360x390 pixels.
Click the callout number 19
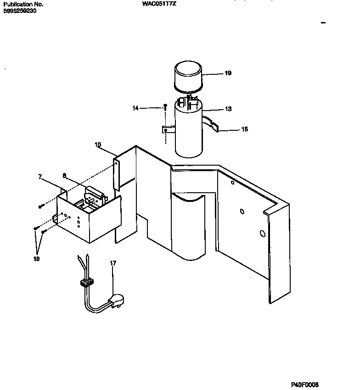click(x=228, y=73)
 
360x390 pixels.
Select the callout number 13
click(x=228, y=109)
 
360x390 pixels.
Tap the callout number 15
click(x=244, y=129)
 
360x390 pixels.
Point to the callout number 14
click(x=135, y=108)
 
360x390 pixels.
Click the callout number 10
click(x=98, y=145)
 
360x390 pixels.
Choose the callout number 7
click(x=40, y=176)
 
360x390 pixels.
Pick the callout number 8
click(x=64, y=175)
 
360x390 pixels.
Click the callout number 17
click(x=113, y=263)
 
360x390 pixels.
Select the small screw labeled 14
click(x=164, y=107)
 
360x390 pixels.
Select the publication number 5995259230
click(x=20, y=11)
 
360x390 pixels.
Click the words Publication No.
click(x=23, y=4)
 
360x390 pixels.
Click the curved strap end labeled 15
click(x=214, y=126)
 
